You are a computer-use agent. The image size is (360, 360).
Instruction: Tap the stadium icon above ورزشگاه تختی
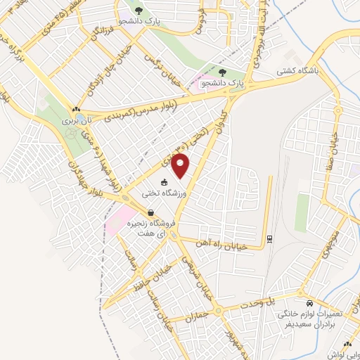(x=165, y=183)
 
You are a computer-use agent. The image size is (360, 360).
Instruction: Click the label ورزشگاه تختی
(x=165, y=193)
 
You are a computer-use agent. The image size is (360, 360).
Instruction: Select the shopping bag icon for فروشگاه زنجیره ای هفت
(x=150, y=212)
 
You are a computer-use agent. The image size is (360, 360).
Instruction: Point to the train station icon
(x=270, y=240)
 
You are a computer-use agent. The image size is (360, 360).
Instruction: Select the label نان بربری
(x=74, y=120)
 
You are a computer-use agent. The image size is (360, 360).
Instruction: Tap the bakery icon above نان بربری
(x=75, y=110)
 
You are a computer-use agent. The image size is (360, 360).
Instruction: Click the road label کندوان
(x=223, y=114)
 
